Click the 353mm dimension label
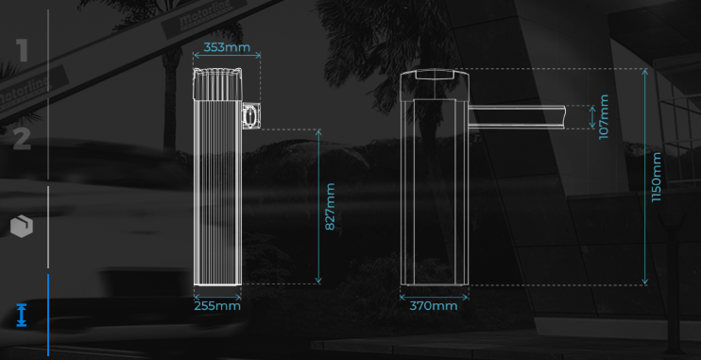[227, 47]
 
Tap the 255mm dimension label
[217, 306]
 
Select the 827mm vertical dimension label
[330, 207]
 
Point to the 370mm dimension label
[434, 306]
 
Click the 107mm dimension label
[604, 117]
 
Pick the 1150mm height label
[656, 177]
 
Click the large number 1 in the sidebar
[23, 50]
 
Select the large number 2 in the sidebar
[22, 139]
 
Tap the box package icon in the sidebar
[22, 226]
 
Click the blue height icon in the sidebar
[22, 315]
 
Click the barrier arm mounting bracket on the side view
[250, 116]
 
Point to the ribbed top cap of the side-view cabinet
[217, 84]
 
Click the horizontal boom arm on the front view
[517, 117]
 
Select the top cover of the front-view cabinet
[434, 84]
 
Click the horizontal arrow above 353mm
[227, 55]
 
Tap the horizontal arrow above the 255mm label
[217, 297]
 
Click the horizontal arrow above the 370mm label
[434, 297]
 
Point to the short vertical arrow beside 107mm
[592, 117]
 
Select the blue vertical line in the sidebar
[48, 315]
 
